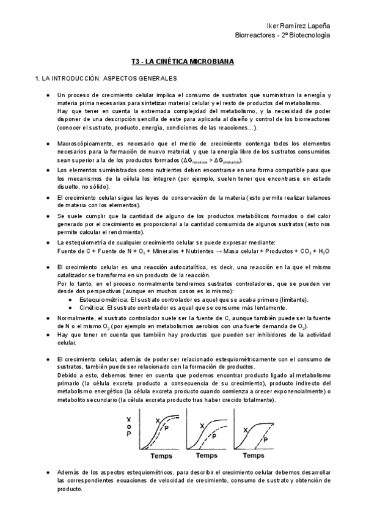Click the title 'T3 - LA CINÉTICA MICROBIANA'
[x=183, y=61]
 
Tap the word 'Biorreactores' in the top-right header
[x=256, y=35]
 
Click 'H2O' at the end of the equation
[x=324, y=251]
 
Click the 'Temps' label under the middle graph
[x=211, y=455]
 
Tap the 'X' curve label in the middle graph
[x=202, y=426]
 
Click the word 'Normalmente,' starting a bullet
[x=76, y=319]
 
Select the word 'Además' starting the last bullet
[x=68, y=473]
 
